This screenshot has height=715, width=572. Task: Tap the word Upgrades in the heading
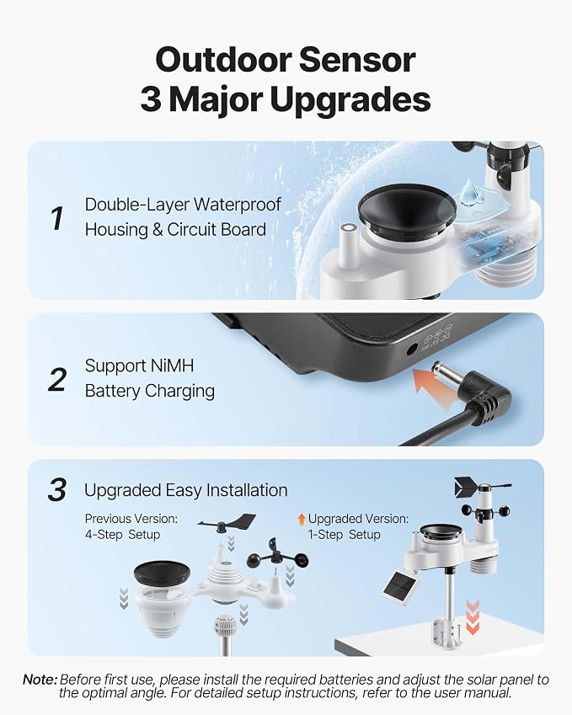pos(350,101)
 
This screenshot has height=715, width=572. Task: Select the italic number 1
pos(56,219)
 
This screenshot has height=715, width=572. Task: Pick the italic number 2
pos(57,380)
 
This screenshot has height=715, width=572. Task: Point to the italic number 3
pos(57,490)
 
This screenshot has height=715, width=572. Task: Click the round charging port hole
pos(411,349)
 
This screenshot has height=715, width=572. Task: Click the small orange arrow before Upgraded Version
pos(301,519)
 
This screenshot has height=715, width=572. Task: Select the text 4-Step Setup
pos(122,535)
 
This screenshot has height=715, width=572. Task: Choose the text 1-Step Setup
pos(345,535)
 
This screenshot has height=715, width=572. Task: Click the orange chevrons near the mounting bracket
pos(473,617)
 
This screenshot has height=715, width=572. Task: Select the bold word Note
pos(40,680)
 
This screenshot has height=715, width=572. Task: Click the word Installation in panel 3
pos(247,490)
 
